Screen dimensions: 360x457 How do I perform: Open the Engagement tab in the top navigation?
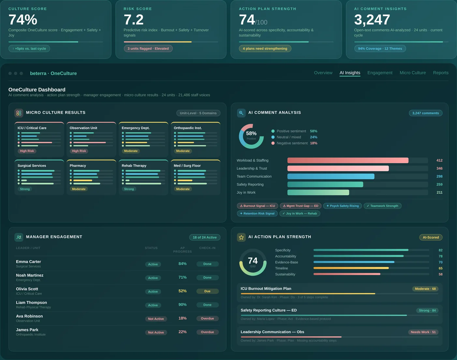pyautogui.click(x=380, y=73)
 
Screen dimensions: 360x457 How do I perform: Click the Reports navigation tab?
pyautogui.click(x=441, y=73)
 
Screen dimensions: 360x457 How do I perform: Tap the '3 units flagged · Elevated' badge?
pyautogui.click(x=148, y=49)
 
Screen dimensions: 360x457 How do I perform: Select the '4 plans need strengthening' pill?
pyautogui.click(x=265, y=49)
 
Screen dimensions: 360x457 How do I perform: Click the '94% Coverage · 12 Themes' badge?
pyautogui.click(x=380, y=49)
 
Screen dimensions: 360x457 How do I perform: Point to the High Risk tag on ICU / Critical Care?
pyautogui.click(x=27, y=151)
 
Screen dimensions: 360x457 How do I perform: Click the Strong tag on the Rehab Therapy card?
pyautogui.click(x=129, y=189)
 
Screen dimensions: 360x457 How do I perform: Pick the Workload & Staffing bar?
pyautogui.click(x=347, y=160)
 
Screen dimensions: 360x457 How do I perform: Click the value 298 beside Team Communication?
pyautogui.click(x=439, y=176)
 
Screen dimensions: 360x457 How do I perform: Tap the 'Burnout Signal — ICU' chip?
pyautogui.click(x=257, y=206)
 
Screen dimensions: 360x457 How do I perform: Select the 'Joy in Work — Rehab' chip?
pyautogui.click(x=300, y=214)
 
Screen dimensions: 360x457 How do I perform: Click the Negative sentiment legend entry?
pyautogui.click(x=292, y=143)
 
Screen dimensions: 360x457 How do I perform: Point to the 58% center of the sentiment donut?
pyautogui.click(x=251, y=134)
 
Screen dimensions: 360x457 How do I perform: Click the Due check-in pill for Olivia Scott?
pyautogui.click(x=207, y=291)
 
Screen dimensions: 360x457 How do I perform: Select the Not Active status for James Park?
pyautogui.click(x=156, y=333)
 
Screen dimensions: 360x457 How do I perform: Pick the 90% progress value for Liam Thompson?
pyautogui.click(x=183, y=305)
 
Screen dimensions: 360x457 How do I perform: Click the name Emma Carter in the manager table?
pyautogui.click(x=28, y=262)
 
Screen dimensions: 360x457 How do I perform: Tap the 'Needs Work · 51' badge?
pyautogui.click(x=423, y=332)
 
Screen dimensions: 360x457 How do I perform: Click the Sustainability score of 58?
pyautogui.click(x=440, y=274)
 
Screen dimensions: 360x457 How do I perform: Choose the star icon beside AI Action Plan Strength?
pyautogui.click(x=241, y=237)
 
